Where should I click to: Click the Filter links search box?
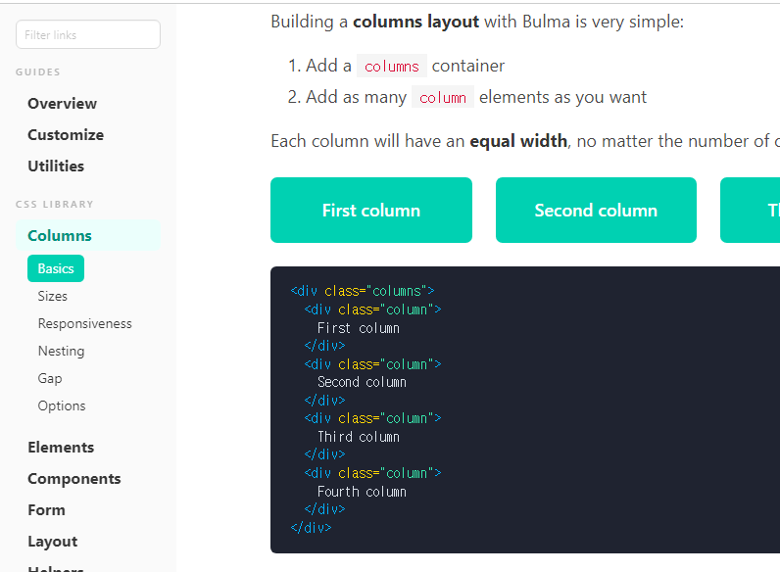[x=87, y=34]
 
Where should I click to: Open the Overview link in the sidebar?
[x=62, y=103]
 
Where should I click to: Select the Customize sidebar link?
[x=66, y=134]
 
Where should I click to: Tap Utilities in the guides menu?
[x=56, y=166]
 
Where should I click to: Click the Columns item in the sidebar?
[x=60, y=235]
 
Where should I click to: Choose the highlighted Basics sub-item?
[x=56, y=268]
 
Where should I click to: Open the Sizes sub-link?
[x=53, y=296]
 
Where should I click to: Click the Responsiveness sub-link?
[x=84, y=323]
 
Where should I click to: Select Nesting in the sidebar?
[x=61, y=351]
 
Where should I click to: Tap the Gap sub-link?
[x=50, y=378]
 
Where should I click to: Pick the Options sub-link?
[x=62, y=405]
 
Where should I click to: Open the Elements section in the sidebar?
[x=61, y=447]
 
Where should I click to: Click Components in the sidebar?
[x=74, y=478]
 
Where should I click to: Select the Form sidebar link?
[x=46, y=509]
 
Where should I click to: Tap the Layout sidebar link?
[x=52, y=541]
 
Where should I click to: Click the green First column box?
[x=370, y=210]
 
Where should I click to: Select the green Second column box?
[x=596, y=210]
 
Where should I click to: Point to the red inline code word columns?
[x=392, y=67]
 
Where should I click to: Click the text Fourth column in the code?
[x=362, y=492]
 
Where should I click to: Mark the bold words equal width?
[x=518, y=141]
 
